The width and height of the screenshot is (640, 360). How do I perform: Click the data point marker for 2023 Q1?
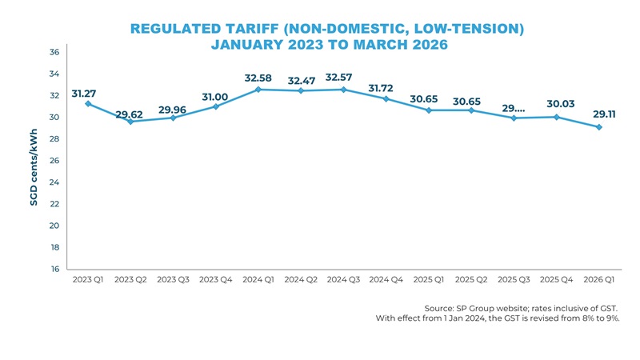pos(87,104)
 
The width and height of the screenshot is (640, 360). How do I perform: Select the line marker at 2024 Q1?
pos(258,90)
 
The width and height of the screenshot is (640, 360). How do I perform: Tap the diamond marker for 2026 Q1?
pos(599,127)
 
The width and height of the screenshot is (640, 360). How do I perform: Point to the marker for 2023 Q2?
pos(130,122)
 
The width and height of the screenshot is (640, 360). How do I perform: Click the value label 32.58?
pos(258,78)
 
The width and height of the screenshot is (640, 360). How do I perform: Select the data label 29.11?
pos(604,114)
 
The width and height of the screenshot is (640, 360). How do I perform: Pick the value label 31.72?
pos(381,87)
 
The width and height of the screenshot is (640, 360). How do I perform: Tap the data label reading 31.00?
pos(215,97)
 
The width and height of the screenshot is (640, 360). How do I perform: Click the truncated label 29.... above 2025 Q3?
pos(514,108)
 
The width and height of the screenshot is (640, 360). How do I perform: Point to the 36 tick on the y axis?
pos(54,52)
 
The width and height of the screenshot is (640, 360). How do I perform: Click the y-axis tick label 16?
pos(54,270)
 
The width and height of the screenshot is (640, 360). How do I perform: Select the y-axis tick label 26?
pos(54,161)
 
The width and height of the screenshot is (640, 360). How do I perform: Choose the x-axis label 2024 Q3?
pos(343,280)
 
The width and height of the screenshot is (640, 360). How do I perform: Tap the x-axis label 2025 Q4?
pos(557,280)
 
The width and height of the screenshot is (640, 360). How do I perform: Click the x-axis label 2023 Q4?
pos(215,280)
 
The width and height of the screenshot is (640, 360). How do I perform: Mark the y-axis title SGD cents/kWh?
pos(34,169)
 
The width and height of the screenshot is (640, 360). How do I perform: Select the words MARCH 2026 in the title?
pos(400,45)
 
